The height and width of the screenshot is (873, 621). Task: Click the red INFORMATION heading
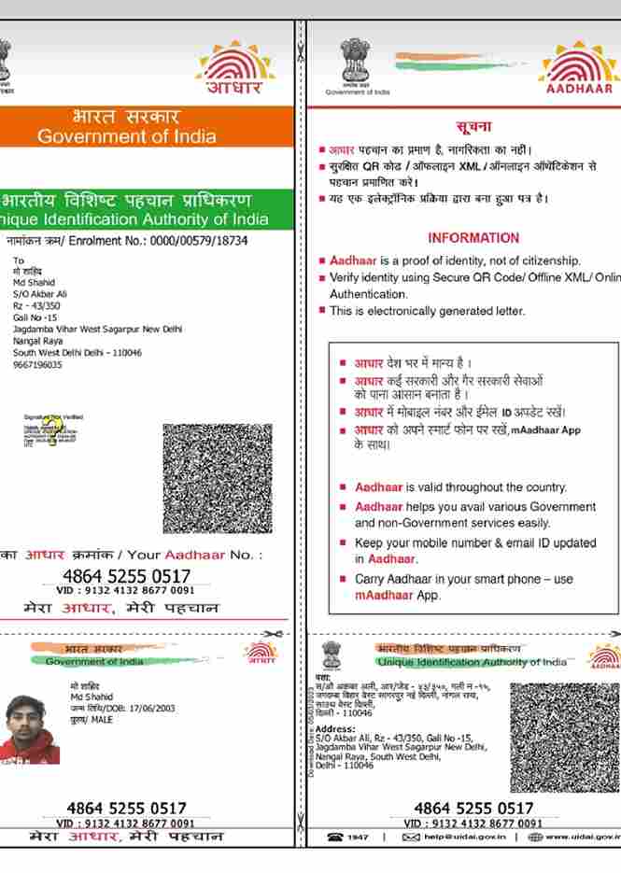click(473, 238)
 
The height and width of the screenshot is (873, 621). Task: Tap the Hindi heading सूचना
click(474, 125)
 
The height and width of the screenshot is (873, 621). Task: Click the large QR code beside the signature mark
click(218, 477)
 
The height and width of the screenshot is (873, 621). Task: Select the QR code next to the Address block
click(564, 737)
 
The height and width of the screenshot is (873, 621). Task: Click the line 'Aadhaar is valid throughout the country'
click(460, 487)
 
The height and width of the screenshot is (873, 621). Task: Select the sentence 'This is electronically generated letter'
click(428, 311)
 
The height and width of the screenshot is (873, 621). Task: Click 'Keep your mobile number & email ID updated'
click(474, 543)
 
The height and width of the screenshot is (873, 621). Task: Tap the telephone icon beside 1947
click(334, 838)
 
